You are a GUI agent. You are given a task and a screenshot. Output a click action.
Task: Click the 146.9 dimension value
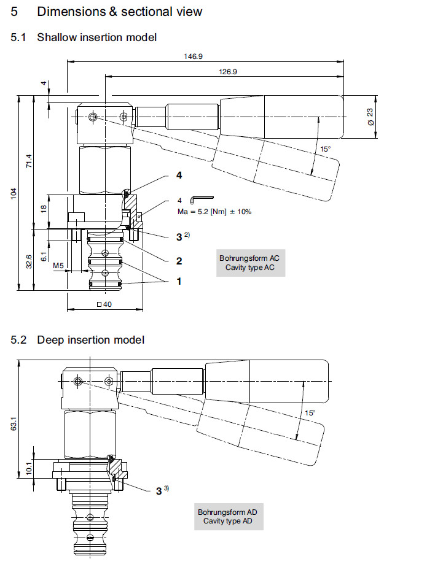(x=193, y=56)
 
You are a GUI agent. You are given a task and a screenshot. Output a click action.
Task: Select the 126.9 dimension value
(x=228, y=71)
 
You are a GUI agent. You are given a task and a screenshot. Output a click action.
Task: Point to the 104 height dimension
(x=14, y=193)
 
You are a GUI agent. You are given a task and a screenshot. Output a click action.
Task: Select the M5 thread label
(x=58, y=266)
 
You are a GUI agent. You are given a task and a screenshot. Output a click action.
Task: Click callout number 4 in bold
(x=179, y=175)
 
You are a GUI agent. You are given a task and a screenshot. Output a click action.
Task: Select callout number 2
(x=179, y=261)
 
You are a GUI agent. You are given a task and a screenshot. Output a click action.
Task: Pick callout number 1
(x=179, y=281)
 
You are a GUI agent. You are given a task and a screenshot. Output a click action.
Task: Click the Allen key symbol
(x=202, y=199)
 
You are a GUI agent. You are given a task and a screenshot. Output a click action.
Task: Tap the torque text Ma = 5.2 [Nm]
(x=213, y=211)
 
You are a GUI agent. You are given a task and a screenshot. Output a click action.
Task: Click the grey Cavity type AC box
(x=249, y=263)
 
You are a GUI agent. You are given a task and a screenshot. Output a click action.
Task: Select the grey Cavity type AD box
(x=227, y=516)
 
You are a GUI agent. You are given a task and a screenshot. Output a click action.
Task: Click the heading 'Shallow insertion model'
(x=96, y=37)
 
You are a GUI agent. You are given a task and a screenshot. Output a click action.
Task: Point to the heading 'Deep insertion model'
(x=90, y=339)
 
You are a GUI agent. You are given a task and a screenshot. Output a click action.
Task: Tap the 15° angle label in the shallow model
(x=326, y=149)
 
